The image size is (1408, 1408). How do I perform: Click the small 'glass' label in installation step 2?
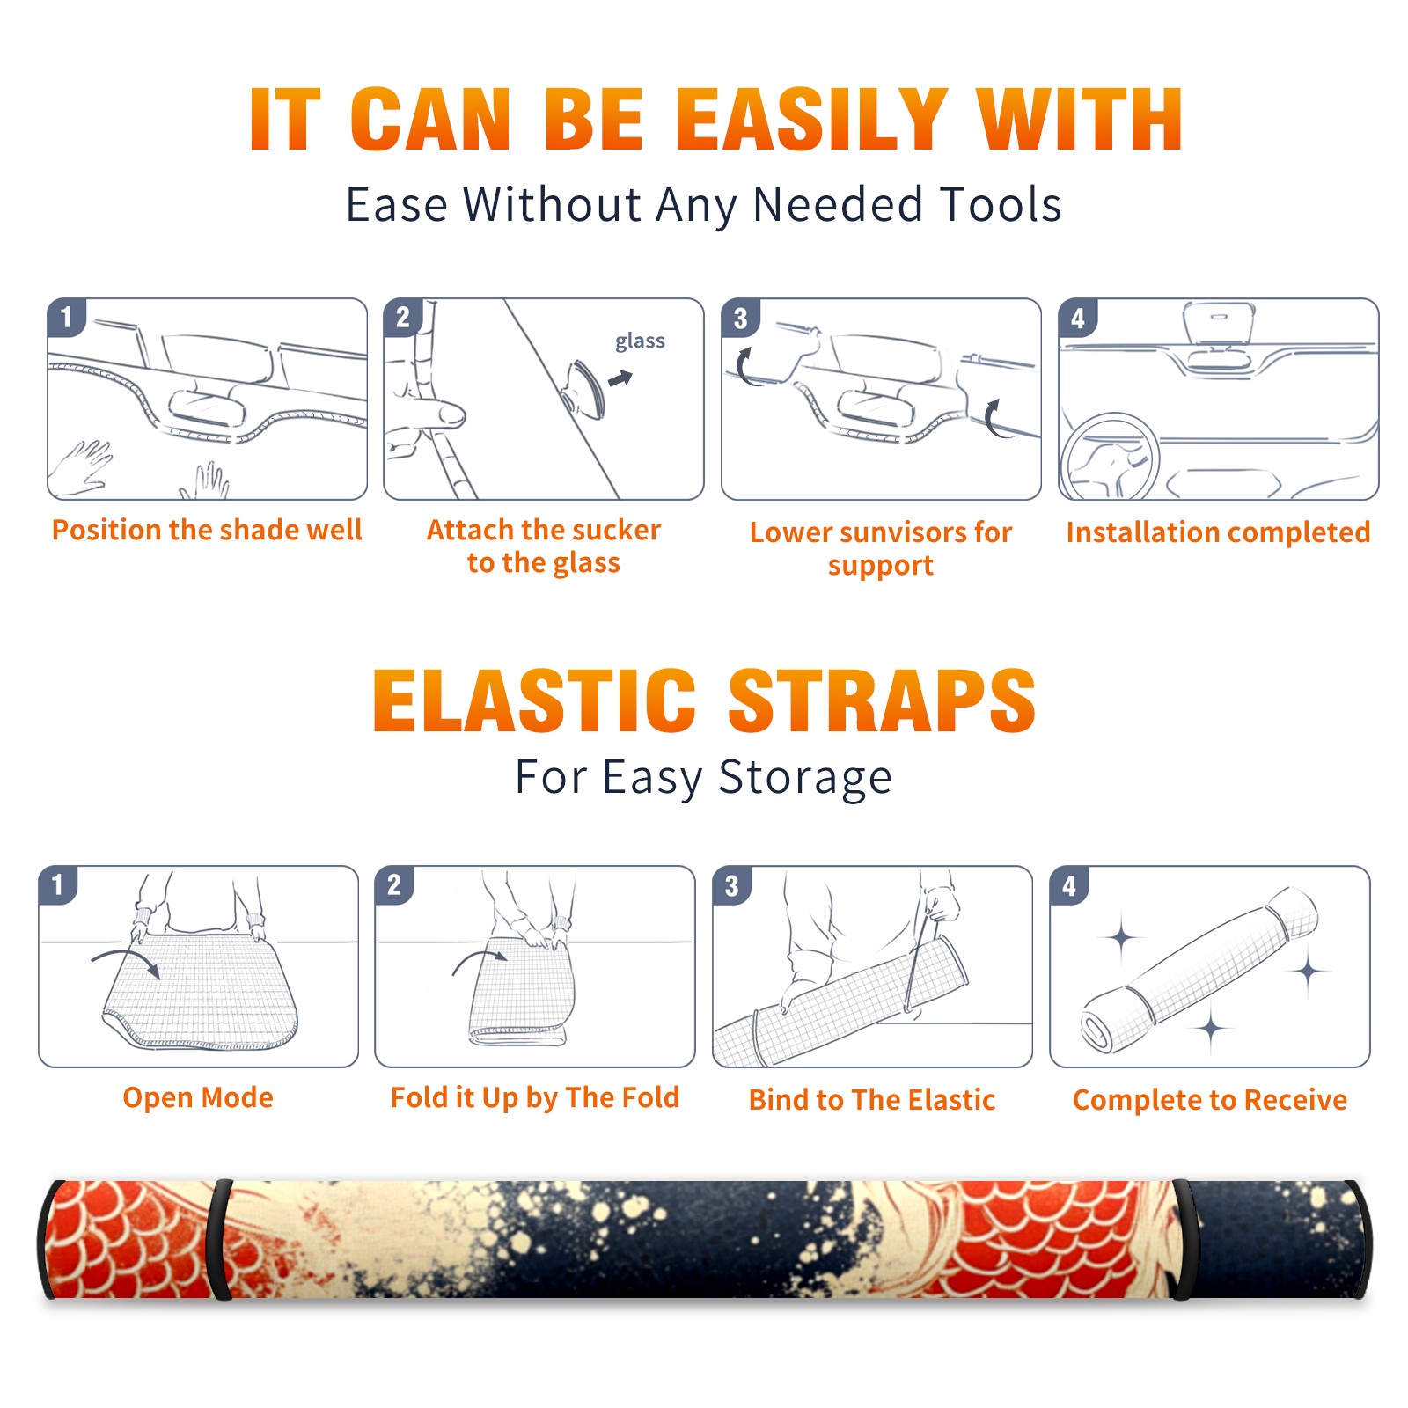[x=640, y=341]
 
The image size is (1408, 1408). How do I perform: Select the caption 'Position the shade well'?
[x=207, y=530]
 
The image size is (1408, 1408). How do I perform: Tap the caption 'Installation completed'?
[x=1218, y=532]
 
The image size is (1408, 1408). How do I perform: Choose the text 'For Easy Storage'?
[x=703, y=777]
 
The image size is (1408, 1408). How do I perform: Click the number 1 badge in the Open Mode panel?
[x=58, y=884]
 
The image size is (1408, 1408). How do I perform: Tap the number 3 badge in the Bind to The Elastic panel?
[x=732, y=885]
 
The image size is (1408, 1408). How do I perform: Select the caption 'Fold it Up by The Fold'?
[x=535, y=1097]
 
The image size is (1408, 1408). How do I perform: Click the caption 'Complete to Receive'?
[x=1210, y=1100]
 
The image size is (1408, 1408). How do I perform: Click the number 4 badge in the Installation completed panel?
[x=1078, y=318]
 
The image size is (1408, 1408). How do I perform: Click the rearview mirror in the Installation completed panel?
[x=1219, y=325]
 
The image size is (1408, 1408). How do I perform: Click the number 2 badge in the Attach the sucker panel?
[x=403, y=318]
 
